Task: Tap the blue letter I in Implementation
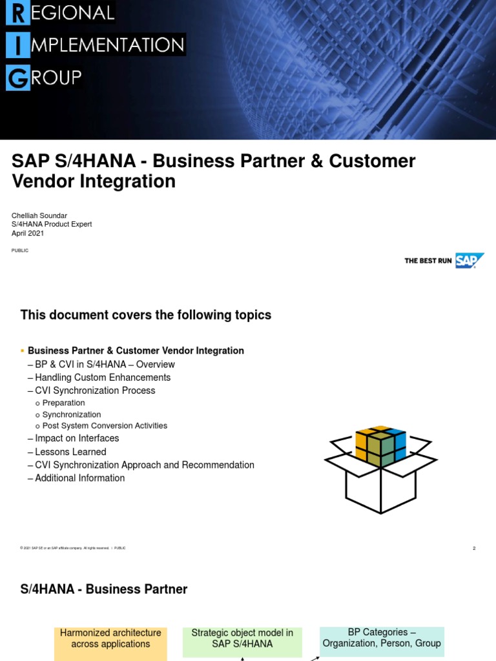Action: coord(17,45)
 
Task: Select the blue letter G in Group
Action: coord(17,78)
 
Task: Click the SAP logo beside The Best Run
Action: coord(470,261)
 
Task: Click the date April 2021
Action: coord(28,233)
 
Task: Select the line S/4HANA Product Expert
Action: coord(52,224)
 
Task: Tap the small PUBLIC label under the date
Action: coord(20,250)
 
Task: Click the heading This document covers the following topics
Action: coord(146,315)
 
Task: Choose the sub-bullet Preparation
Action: coord(63,403)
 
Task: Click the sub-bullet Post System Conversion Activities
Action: coord(105,426)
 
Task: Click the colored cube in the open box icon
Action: coord(380,445)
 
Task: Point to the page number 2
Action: coord(474,548)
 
